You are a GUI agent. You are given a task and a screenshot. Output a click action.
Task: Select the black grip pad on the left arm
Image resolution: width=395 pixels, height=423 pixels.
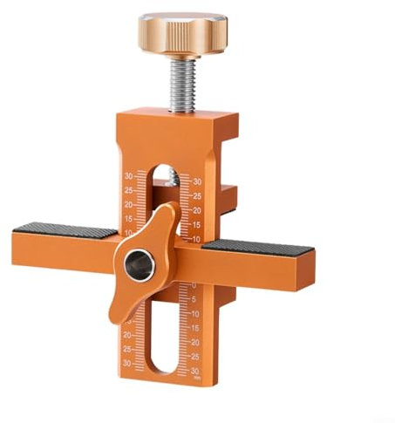pyautogui.click(x=66, y=229)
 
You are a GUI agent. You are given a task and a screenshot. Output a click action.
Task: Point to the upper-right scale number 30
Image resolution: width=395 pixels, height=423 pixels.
pyautogui.click(x=198, y=181)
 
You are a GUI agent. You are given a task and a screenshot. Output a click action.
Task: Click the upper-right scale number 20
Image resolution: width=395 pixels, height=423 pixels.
pyautogui.click(x=198, y=210)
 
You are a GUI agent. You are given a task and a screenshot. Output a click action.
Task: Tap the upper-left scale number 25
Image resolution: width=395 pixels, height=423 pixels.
pyautogui.click(x=128, y=189)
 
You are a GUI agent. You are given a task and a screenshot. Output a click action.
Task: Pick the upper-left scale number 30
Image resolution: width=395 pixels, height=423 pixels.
pyautogui.click(x=128, y=175)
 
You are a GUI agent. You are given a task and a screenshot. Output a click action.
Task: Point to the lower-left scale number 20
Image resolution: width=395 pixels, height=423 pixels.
pyautogui.click(x=127, y=334)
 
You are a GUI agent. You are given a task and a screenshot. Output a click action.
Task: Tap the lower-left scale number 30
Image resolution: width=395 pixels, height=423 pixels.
pyautogui.click(x=127, y=363)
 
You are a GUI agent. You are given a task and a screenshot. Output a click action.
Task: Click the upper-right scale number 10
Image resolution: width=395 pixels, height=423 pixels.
pyautogui.click(x=197, y=238)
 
